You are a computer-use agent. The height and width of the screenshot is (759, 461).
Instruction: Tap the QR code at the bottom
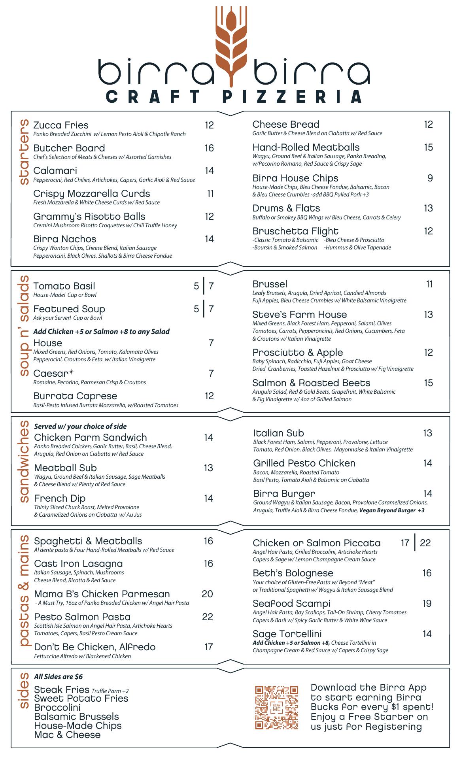coord(276,708)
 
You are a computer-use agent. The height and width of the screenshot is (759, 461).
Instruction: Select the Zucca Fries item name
coord(61,125)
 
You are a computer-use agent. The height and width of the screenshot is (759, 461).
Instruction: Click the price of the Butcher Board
coord(209,148)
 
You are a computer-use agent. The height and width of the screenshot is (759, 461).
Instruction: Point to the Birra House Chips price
coord(430,178)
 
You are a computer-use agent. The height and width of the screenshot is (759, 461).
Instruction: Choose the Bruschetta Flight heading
coord(295,231)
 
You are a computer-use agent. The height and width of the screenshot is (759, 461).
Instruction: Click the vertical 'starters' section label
coord(24,152)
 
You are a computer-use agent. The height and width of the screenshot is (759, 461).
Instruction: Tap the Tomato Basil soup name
coord(64,286)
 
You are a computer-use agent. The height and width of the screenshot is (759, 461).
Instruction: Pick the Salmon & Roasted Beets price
coord(428,383)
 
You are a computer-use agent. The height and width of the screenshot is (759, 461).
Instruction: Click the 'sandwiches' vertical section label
coord(24,461)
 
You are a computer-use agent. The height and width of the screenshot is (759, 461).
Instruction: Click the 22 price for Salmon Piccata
coord(425,543)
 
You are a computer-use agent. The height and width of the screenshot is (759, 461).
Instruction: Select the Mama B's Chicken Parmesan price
coord(208,594)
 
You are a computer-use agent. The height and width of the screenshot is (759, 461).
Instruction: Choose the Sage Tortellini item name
coord(287,634)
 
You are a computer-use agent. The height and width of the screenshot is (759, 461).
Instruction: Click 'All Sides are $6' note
coord(58,677)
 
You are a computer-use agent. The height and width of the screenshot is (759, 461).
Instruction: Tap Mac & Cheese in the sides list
coord(67,735)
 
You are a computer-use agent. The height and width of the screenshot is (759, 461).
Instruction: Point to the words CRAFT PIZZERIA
coord(234,97)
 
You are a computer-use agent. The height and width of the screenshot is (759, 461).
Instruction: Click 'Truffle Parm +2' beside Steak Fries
coord(110,691)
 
